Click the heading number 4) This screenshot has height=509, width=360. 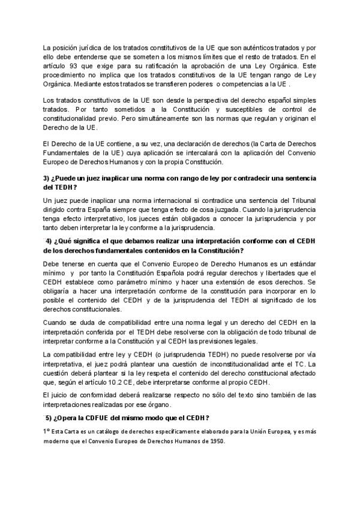(x=50, y=241)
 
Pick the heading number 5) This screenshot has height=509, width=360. (x=50, y=417)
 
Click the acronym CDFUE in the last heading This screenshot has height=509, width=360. (x=116, y=417)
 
